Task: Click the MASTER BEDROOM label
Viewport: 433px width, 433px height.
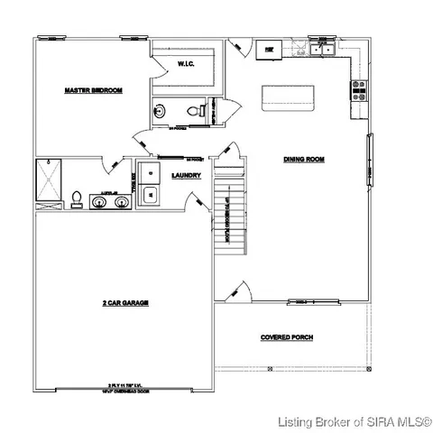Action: click(93, 91)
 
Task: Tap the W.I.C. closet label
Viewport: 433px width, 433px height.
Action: click(187, 63)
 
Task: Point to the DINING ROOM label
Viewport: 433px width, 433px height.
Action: click(303, 160)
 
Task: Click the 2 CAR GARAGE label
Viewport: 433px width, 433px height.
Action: click(125, 305)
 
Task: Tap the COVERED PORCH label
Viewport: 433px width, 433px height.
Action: click(287, 338)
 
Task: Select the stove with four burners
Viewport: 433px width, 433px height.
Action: click(358, 88)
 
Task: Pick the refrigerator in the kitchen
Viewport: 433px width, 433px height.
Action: click(267, 49)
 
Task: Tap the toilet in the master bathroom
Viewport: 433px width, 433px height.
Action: click(78, 198)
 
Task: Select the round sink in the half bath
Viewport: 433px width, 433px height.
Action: click(160, 113)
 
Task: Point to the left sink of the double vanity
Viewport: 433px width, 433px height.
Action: click(98, 201)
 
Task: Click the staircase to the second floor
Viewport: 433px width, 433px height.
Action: click(230, 207)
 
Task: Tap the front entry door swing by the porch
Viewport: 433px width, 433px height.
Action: click(239, 291)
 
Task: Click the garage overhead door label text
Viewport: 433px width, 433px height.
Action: click(126, 388)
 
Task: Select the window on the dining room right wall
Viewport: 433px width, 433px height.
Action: click(368, 160)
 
